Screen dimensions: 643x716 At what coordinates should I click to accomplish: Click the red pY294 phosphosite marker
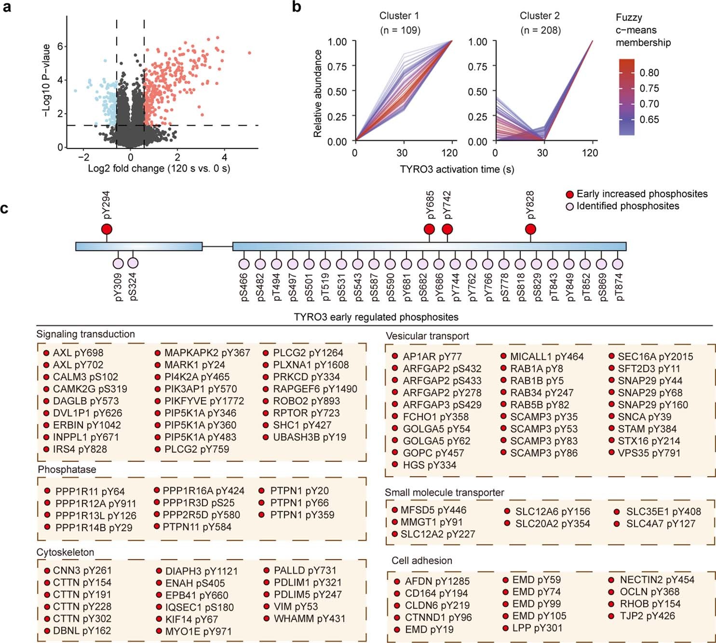pyautogui.click(x=107, y=229)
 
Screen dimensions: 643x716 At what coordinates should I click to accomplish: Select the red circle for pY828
pyautogui.click(x=530, y=229)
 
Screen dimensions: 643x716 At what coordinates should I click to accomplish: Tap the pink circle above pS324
pyautogui.click(x=133, y=263)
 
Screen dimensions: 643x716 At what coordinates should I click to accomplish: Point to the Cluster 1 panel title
pyautogui.click(x=399, y=16)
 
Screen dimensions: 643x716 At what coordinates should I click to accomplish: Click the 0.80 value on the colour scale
pyautogui.click(x=649, y=73)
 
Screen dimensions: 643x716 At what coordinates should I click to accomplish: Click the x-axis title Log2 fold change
pyautogui.click(x=159, y=169)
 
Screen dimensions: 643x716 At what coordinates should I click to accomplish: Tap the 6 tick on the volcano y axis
pyautogui.click(x=60, y=46)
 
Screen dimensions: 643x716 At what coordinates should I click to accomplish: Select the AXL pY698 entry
pyautogui.click(x=78, y=353)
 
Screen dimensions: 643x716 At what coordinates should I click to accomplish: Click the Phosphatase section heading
pyautogui.click(x=67, y=469)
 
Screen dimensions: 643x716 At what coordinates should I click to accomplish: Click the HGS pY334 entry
pyautogui.click(x=429, y=465)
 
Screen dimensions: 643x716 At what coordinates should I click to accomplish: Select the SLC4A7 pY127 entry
pyautogui.click(x=661, y=523)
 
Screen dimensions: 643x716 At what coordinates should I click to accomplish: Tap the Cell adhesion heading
pyautogui.click(x=422, y=561)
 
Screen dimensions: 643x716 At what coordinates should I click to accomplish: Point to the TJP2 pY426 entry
pyautogui.click(x=647, y=616)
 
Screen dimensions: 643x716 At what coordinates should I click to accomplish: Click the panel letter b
pyautogui.click(x=297, y=7)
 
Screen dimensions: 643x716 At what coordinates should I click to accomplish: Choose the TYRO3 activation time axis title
pyautogui.click(x=457, y=169)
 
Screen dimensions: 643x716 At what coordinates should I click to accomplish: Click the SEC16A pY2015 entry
pyautogui.click(x=655, y=357)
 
